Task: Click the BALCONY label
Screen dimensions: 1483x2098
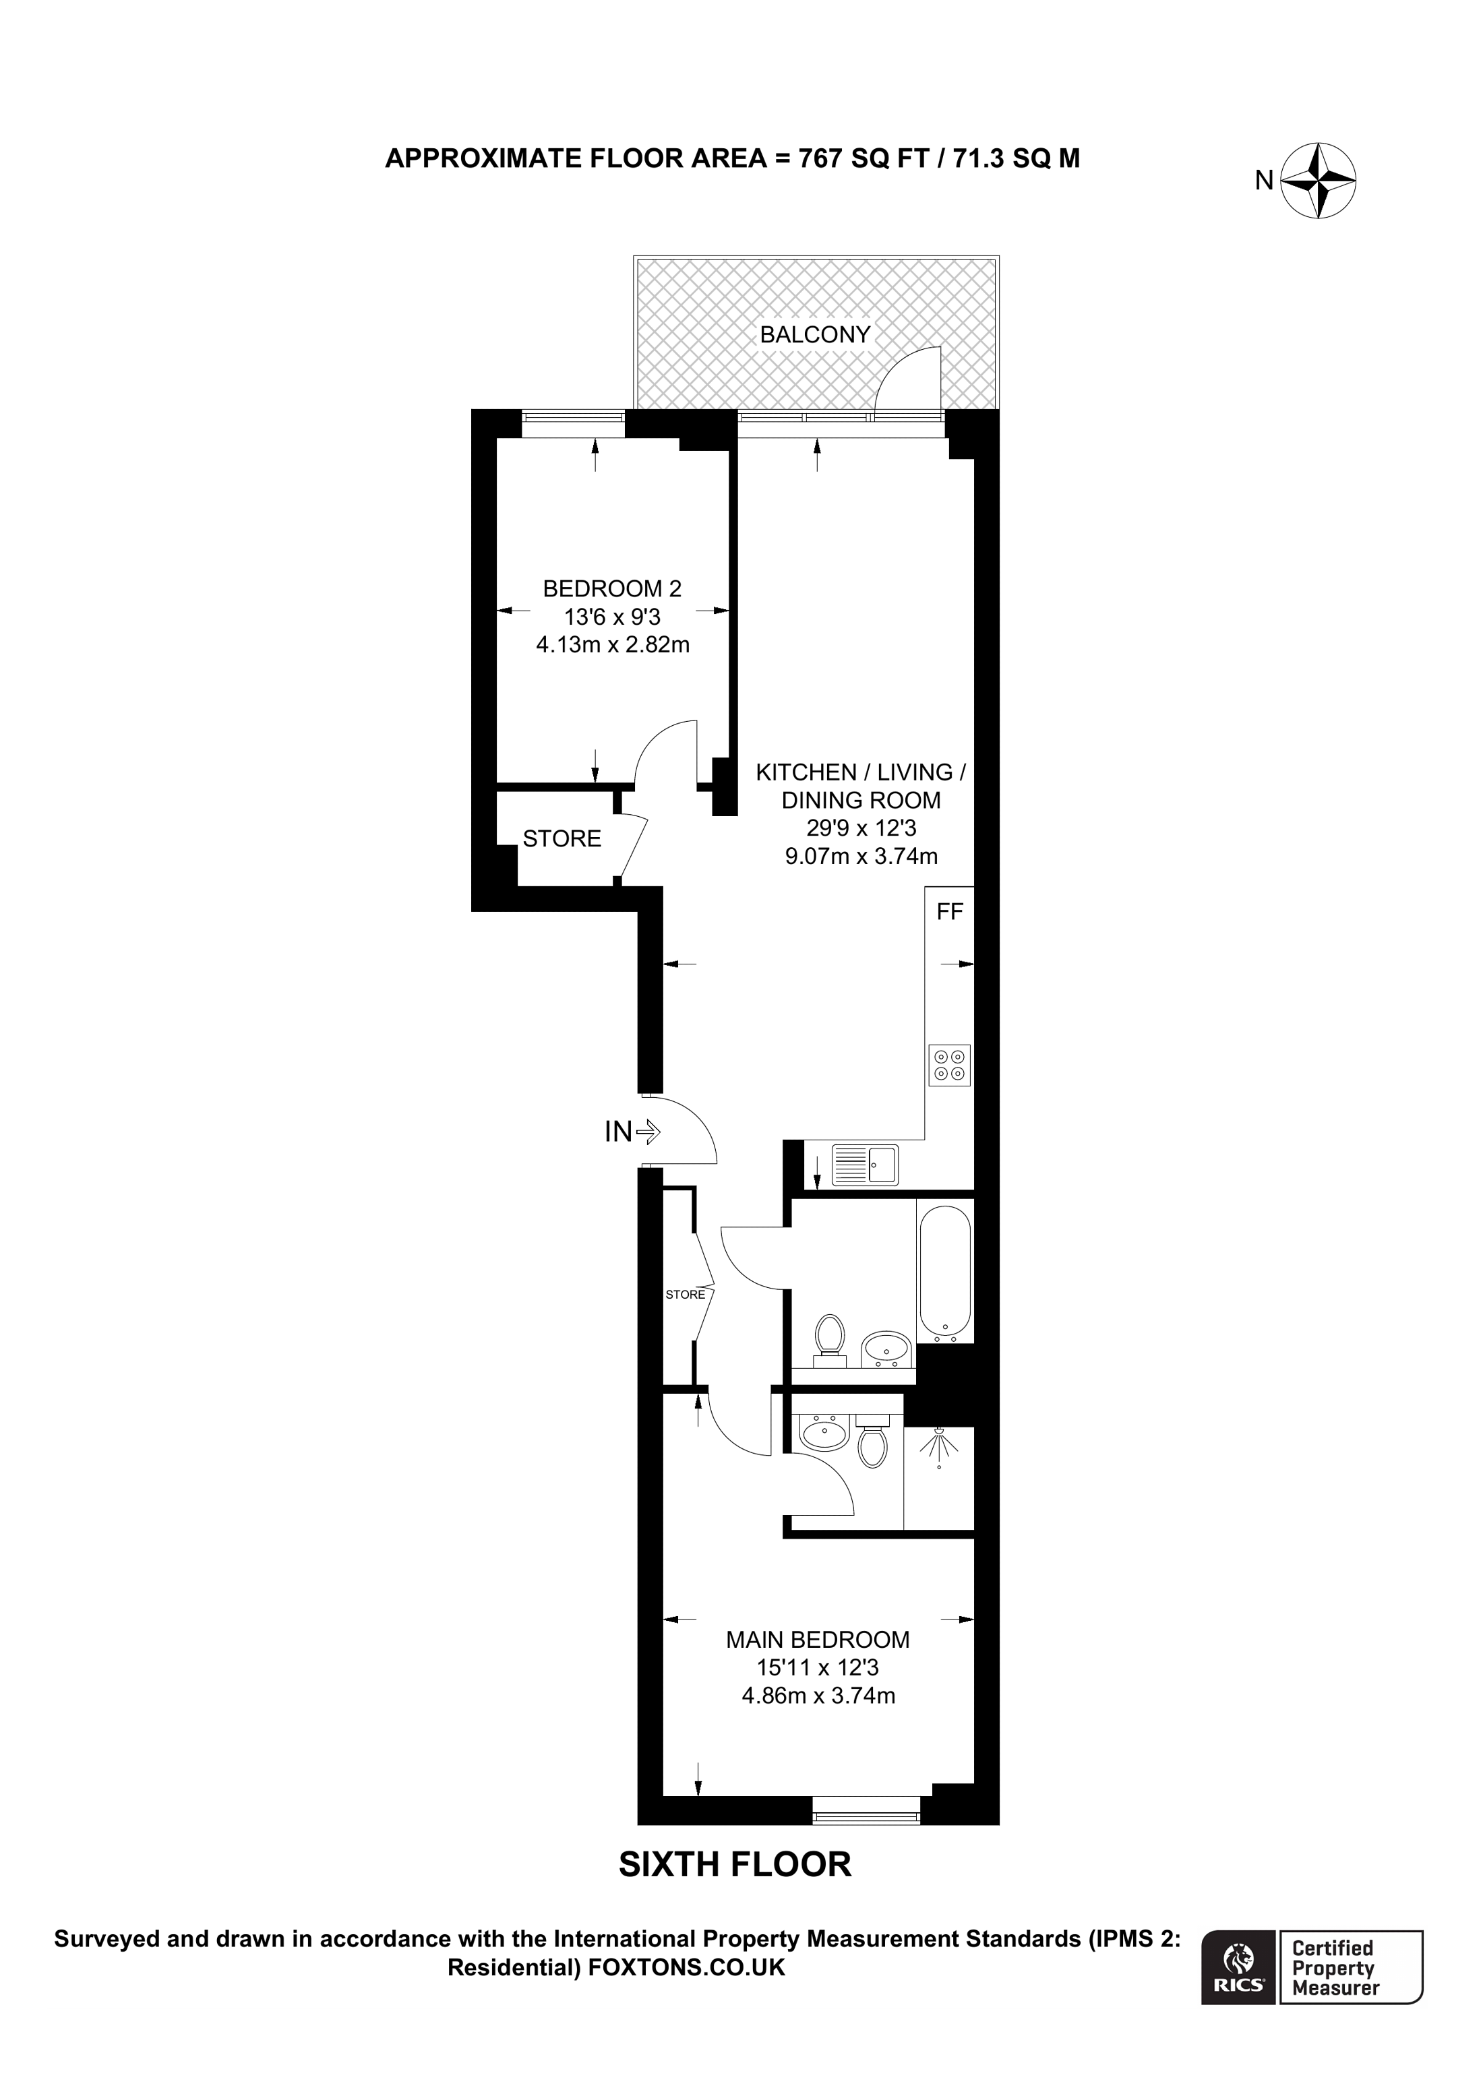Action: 815,334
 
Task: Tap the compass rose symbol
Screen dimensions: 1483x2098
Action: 1319,181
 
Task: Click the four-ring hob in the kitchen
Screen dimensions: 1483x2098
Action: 949,1065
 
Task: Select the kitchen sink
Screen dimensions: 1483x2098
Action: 864,1165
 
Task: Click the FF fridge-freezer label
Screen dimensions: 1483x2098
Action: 949,911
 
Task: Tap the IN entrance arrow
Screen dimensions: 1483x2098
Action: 648,1132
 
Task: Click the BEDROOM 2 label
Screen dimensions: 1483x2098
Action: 612,588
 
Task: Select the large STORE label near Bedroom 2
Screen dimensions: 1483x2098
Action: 562,839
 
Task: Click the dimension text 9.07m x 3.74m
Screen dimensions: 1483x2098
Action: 861,856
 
